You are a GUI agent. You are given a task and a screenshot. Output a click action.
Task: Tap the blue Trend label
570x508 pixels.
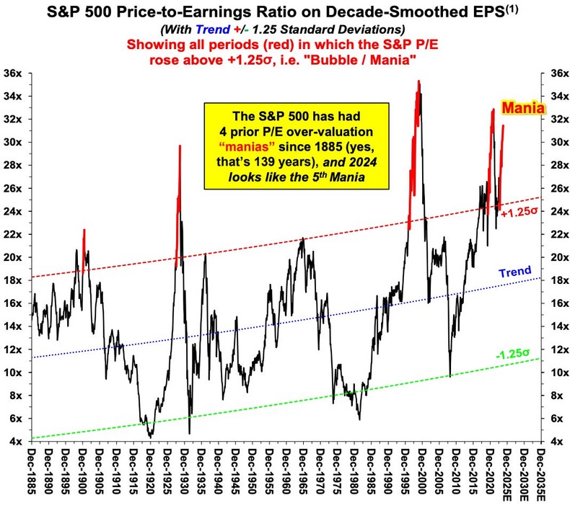[517, 272]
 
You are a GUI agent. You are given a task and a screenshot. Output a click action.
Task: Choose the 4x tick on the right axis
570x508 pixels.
[556, 442]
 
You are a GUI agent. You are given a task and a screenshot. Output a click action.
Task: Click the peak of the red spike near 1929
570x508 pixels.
[180, 146]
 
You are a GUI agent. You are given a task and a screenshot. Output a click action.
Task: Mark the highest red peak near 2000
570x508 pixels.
[418, 81]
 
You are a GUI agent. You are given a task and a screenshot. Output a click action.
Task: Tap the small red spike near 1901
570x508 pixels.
[84, 231]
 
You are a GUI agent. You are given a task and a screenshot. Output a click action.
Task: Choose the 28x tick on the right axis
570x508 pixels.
[556, 165]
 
